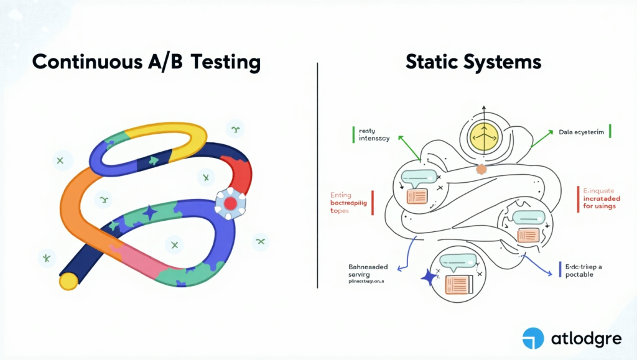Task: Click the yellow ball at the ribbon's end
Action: (x=68, y=281)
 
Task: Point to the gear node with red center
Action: (x=230, y=203)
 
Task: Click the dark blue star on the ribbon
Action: (x=150, y=213)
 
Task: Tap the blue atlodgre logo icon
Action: (x=533, y=338)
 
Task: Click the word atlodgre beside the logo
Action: (x=585, y=339)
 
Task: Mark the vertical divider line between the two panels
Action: (x=318, y=174)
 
